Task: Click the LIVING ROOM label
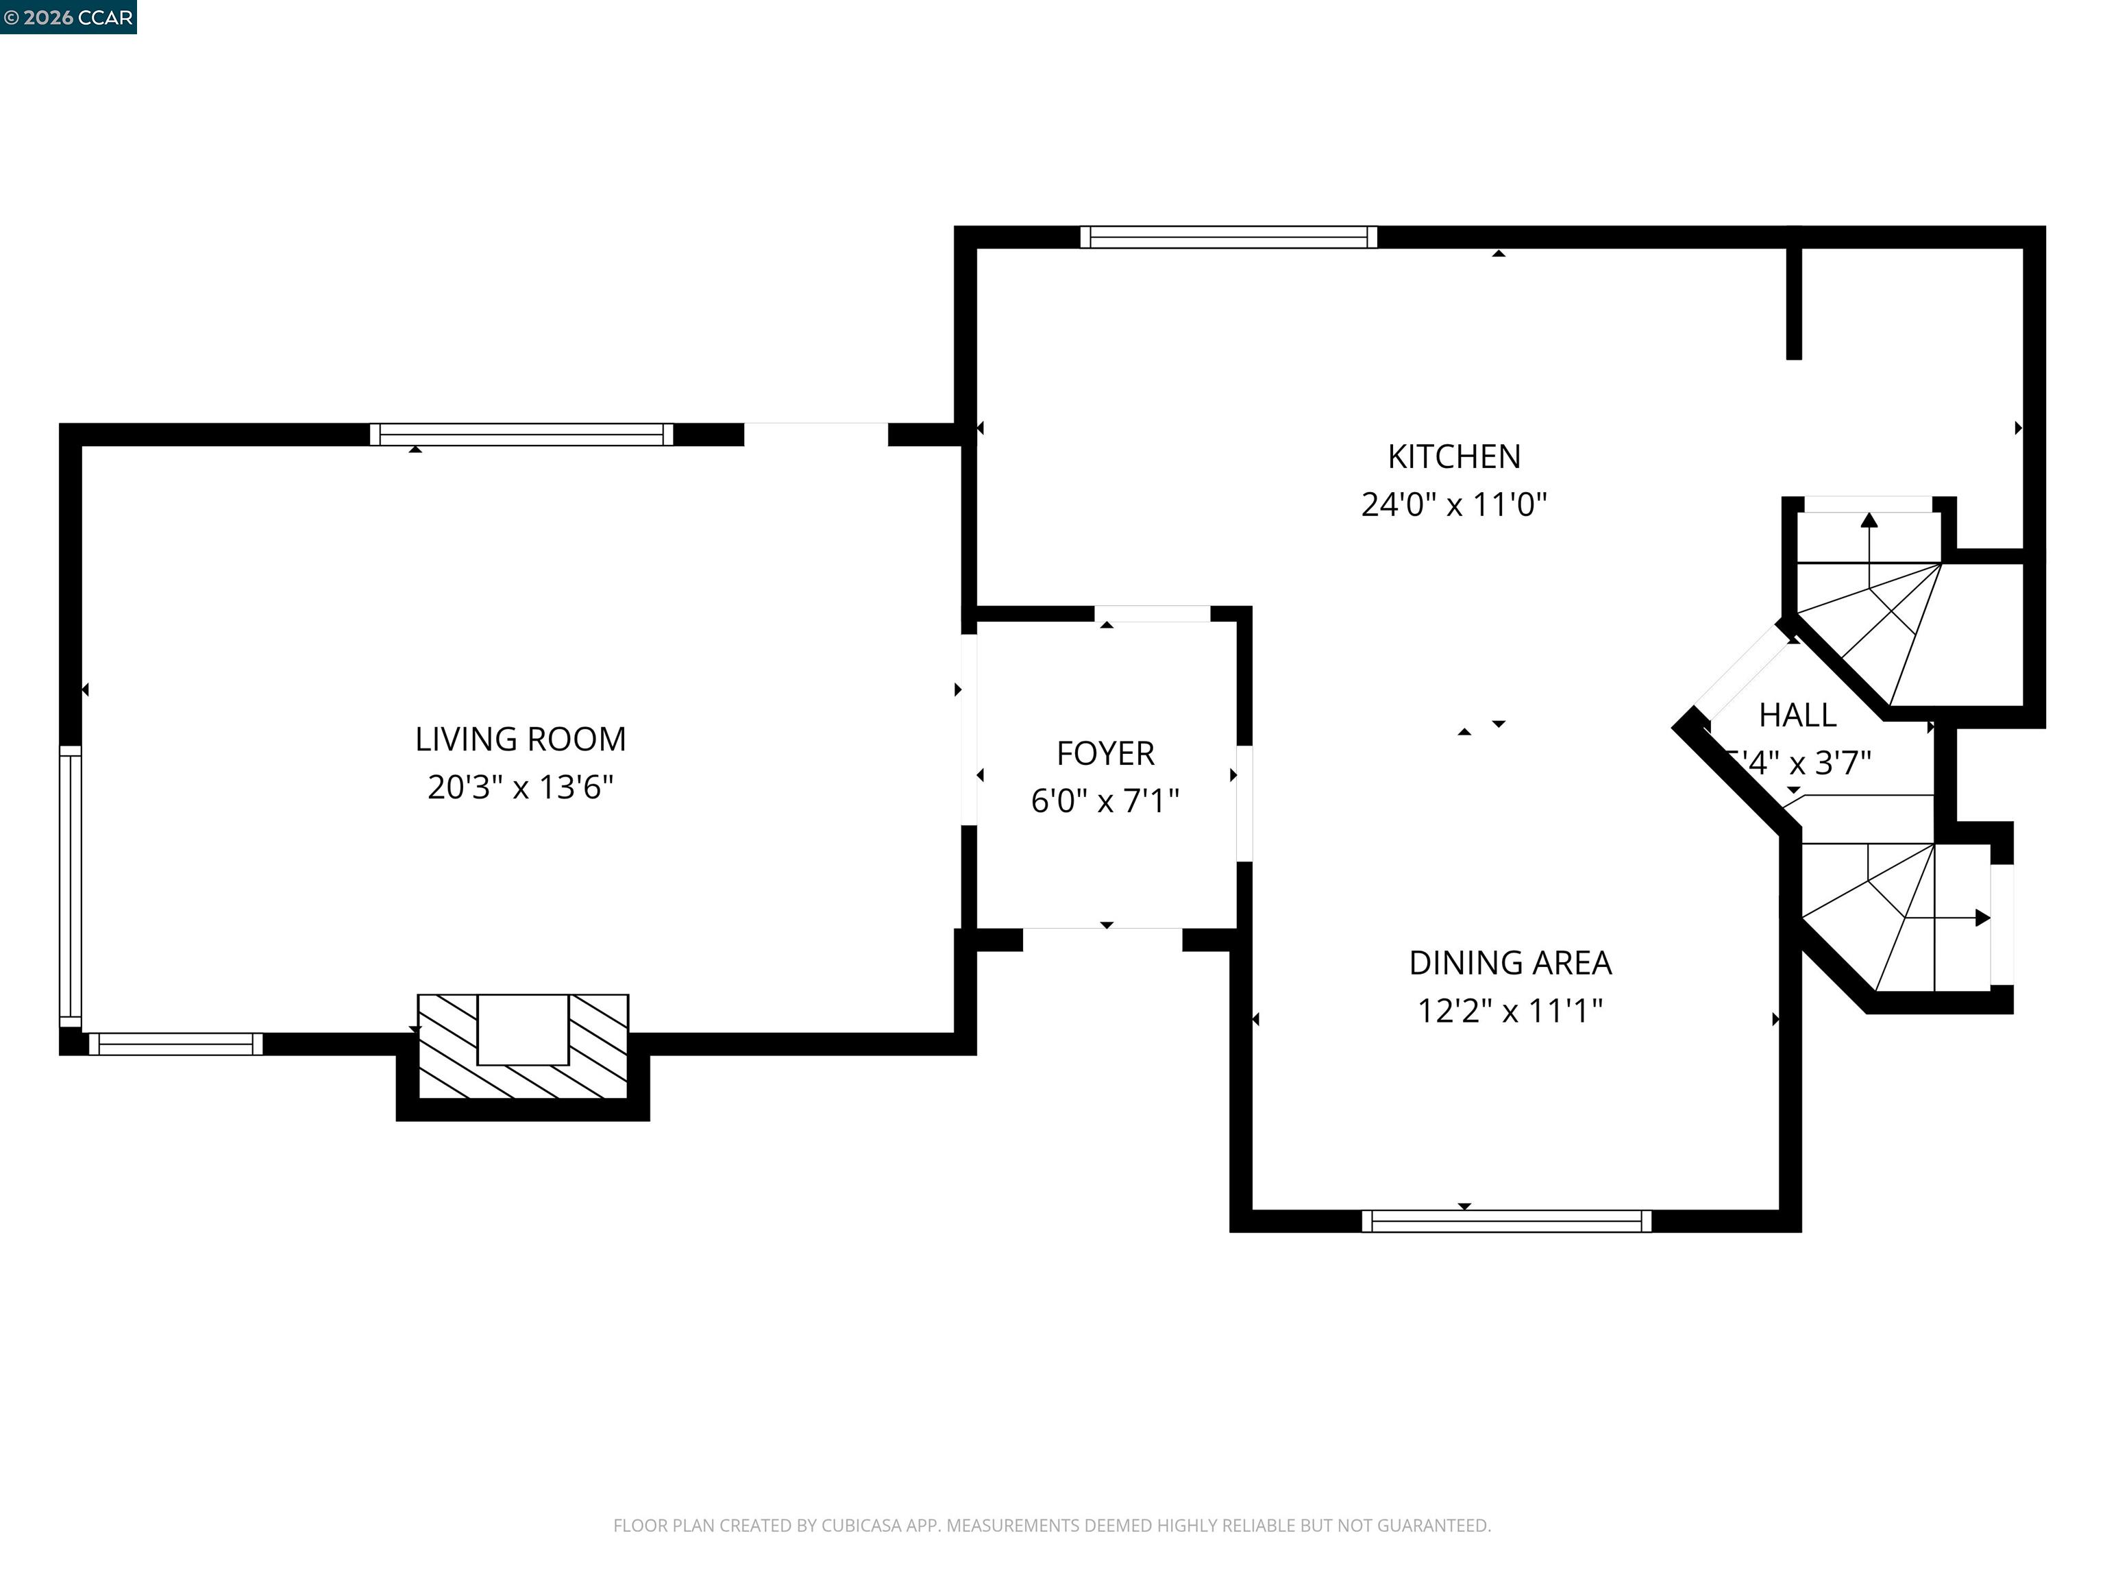click(x=521, y=739)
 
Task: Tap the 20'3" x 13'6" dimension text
click(x=521, y=788)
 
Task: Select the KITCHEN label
click(x=1454, y=457)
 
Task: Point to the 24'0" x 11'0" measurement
click(x=1454, y=504)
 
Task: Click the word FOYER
click(x=1105, y=754)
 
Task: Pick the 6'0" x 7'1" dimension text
click(x=1105, y=801)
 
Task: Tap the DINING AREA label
click(x=1510, y=963)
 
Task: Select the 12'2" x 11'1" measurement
click(x=1510, y=1011)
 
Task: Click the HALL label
click(x=1797, y=715)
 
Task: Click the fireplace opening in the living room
click(x=522, y=1030)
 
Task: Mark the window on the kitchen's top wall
click(x=1228, y=237)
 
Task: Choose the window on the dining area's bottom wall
click(x=1506, y=1221)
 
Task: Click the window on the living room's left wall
click(x=71, y=885)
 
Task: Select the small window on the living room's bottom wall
click(x=175, y=1044)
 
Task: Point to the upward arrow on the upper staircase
click(x=1869, y=522)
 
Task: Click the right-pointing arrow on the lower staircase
click(x=1982, y=918)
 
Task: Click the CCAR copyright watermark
click(x=68, y=17)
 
